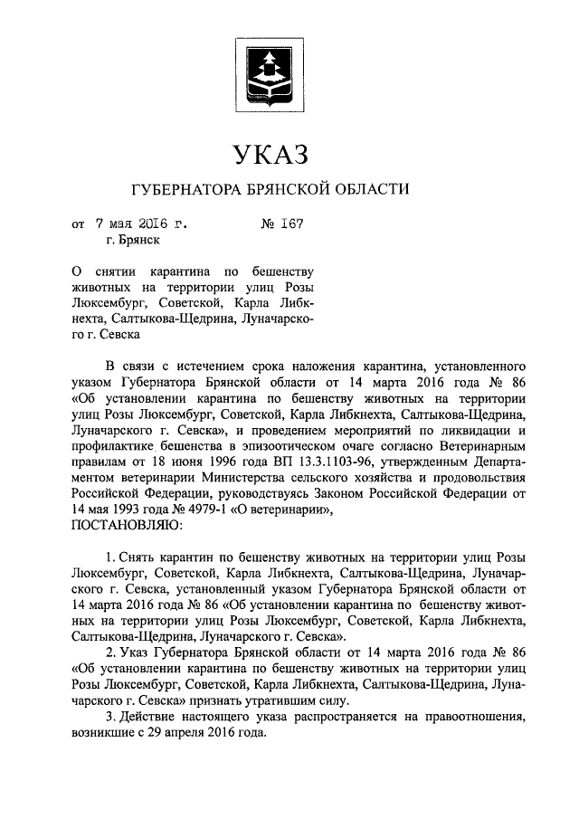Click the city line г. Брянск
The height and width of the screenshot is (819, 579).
(134, 240)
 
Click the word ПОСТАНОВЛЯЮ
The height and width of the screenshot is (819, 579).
(125, 524)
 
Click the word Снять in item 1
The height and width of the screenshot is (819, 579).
(137, 556)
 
